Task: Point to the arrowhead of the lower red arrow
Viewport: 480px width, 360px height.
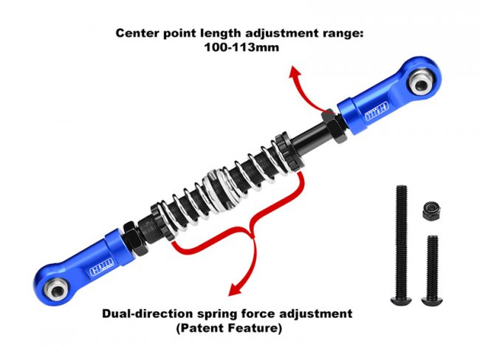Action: point(233,290)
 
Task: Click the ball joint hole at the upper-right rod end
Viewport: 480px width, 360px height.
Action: point(422,84)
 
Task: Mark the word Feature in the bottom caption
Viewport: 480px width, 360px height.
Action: point(258,328)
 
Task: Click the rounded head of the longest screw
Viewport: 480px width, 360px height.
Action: point(400,301)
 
